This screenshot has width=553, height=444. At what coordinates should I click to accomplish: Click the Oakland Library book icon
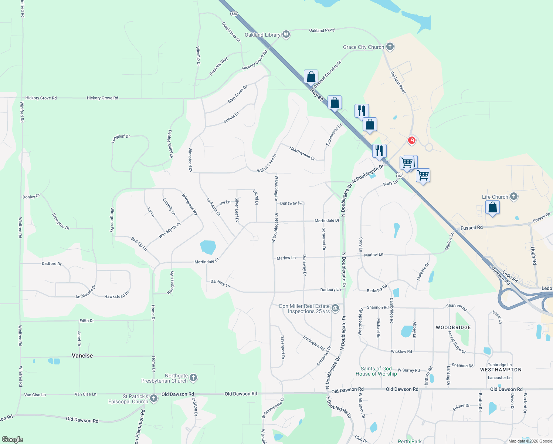tap(286, 34)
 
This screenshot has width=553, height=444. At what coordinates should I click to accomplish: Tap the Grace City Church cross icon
tap(390, 47)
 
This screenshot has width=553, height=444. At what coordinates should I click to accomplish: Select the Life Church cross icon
tap(513, 196)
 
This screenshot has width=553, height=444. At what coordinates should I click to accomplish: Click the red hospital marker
tap(411, 141)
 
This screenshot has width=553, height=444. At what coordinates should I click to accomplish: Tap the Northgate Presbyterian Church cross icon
tap(193, 378)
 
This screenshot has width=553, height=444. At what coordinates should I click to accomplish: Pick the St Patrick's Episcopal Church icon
tap(154, 398)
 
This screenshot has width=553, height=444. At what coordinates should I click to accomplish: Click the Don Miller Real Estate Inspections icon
tap(335, 308)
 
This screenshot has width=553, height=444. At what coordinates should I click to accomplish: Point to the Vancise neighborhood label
tap(82, 356)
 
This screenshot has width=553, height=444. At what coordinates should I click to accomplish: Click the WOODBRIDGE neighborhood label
tap(453, 327)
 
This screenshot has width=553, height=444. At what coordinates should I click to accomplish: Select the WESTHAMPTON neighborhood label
tap(501, 370)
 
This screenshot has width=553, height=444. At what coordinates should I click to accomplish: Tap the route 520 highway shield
tap(234, 14)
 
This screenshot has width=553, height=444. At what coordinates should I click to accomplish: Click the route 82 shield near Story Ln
tap(400, 175)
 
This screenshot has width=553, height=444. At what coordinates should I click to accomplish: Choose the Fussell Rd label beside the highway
tap(471, 228)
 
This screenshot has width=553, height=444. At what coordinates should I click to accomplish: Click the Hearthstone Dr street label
tap(302, 154)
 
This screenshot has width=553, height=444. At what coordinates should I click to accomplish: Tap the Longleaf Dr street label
tap(121, 138)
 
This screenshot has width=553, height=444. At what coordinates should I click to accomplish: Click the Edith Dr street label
tap(86, 321)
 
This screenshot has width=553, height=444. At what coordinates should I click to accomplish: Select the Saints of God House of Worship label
tap(376, 371)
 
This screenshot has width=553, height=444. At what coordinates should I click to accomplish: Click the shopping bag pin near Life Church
tap(492, 207)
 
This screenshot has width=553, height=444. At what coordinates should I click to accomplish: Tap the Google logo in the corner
tap(13, 440)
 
